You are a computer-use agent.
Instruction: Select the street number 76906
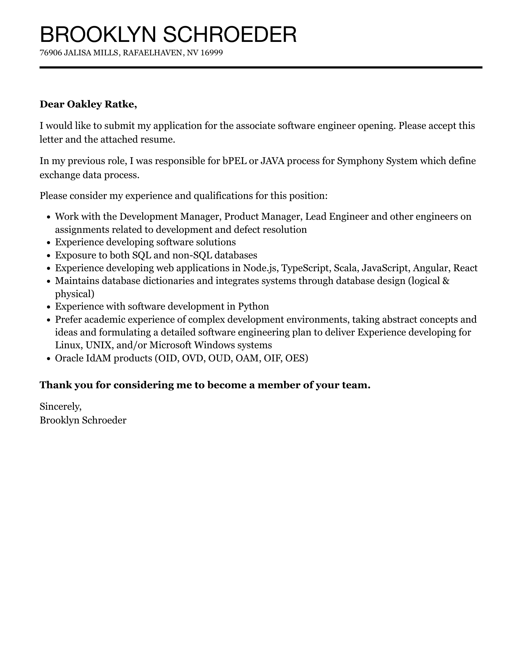pyautogui.click(x=51, y=53)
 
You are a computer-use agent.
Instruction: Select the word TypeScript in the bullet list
pyautogui.click(x=305, y=268)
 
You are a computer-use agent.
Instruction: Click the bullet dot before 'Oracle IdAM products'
pyautogui.click(x=49, y=359)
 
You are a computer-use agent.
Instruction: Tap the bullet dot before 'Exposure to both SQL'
pyautogui.click(x=49, y=256)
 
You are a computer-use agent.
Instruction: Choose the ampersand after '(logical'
pyautogui.click(x=447, y=281)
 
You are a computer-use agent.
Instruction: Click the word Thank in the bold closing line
pyautogui.click(x=55, y=385)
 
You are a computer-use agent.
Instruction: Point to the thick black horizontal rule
pyautogui.click(x=261, y=67)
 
